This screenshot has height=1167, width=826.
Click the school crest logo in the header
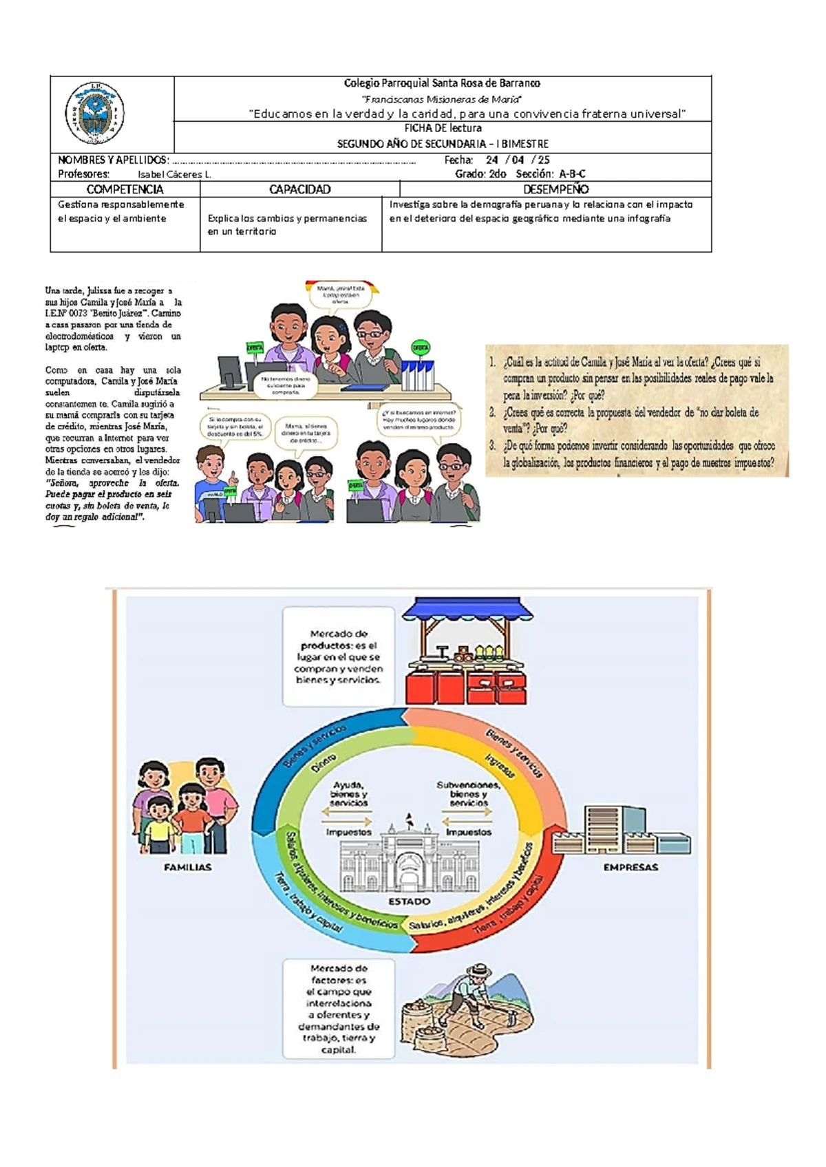coord(94,114)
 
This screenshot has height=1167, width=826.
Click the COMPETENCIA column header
coord(125,189)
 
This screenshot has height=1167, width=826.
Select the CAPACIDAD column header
coord(299,189)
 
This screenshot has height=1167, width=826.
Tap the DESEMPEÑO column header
coord(555,189)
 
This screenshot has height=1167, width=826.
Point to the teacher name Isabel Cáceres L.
coord(174,175)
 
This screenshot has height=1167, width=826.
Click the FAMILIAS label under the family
coord(187,868)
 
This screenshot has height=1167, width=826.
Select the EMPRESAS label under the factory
coord(631,868)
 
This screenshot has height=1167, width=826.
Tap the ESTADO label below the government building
coord(409,901)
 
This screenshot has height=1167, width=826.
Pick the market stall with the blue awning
coord(467,650)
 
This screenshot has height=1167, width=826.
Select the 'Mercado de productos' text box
coord(338,656)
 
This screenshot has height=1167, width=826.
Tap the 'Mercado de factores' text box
coord(339,1009)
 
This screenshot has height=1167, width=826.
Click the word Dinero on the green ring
coord(323,762)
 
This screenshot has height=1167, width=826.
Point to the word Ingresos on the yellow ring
coord(499,766)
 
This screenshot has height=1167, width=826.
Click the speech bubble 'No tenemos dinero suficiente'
coord(286,385)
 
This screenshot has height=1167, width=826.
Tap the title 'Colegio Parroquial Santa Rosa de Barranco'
coord(442,83)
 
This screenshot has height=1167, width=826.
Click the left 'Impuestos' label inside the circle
coord(348,832)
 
